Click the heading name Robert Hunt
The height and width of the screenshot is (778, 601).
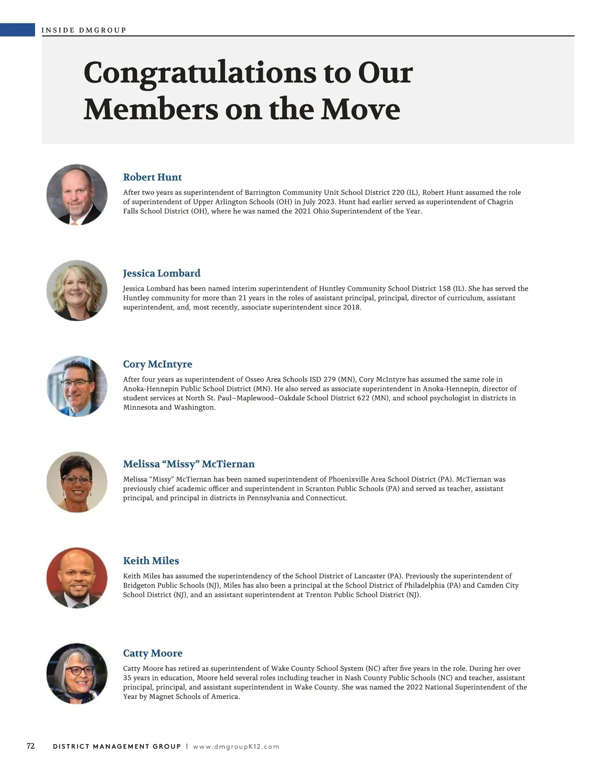(x=152, y=177)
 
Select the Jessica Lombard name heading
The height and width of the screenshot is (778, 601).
(x=161, y=273)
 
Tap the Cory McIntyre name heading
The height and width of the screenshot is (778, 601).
(x=157, y=364)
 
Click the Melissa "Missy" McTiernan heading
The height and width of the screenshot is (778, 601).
(x=189, y=464)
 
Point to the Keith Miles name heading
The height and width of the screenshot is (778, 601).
(x=151, y=561)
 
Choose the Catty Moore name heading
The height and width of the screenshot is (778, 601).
(x=152, y=653)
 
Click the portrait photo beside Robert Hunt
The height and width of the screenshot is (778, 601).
(x=77, y=194)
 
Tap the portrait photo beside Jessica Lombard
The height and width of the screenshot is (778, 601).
(x=77, y=290)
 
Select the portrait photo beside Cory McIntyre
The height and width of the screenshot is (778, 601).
(x=77, y=386)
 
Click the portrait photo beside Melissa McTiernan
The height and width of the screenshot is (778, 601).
(x=77, y=482)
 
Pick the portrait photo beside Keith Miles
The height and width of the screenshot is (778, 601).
(x=77, y=578)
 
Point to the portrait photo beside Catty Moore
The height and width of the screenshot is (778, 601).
(x=77, y=674)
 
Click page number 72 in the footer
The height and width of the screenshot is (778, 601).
(x=31, y=746)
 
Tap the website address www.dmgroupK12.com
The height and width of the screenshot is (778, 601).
(x=236, y=746)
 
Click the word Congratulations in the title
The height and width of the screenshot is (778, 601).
(x=199, y=73)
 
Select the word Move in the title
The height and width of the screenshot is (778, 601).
(x=360, y=109)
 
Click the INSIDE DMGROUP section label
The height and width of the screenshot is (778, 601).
(x=84, y=30)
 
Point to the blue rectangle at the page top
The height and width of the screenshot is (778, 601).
(x=18, y=30)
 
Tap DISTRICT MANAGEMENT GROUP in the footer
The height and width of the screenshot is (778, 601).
(x=117, y=746)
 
